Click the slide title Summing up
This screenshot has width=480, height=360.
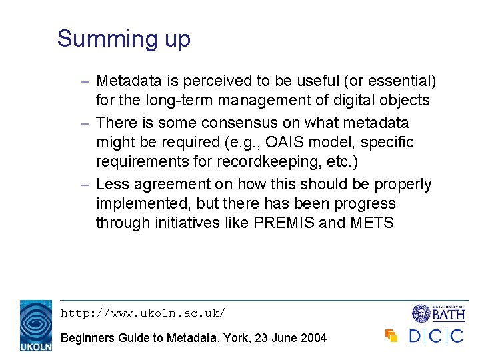(x=123, y=39)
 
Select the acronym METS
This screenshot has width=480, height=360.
(x=372, y=223)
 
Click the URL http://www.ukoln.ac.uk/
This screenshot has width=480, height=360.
(x=143, y=313)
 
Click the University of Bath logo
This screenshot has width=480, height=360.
(x=438, y=313)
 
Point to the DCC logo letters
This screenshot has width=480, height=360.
(x=436, y=335)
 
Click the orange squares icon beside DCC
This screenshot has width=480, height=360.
(x=391, y=335)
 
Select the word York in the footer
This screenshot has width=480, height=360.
(x=237, y=338)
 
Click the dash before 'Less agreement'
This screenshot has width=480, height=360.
(x=85, y=184)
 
